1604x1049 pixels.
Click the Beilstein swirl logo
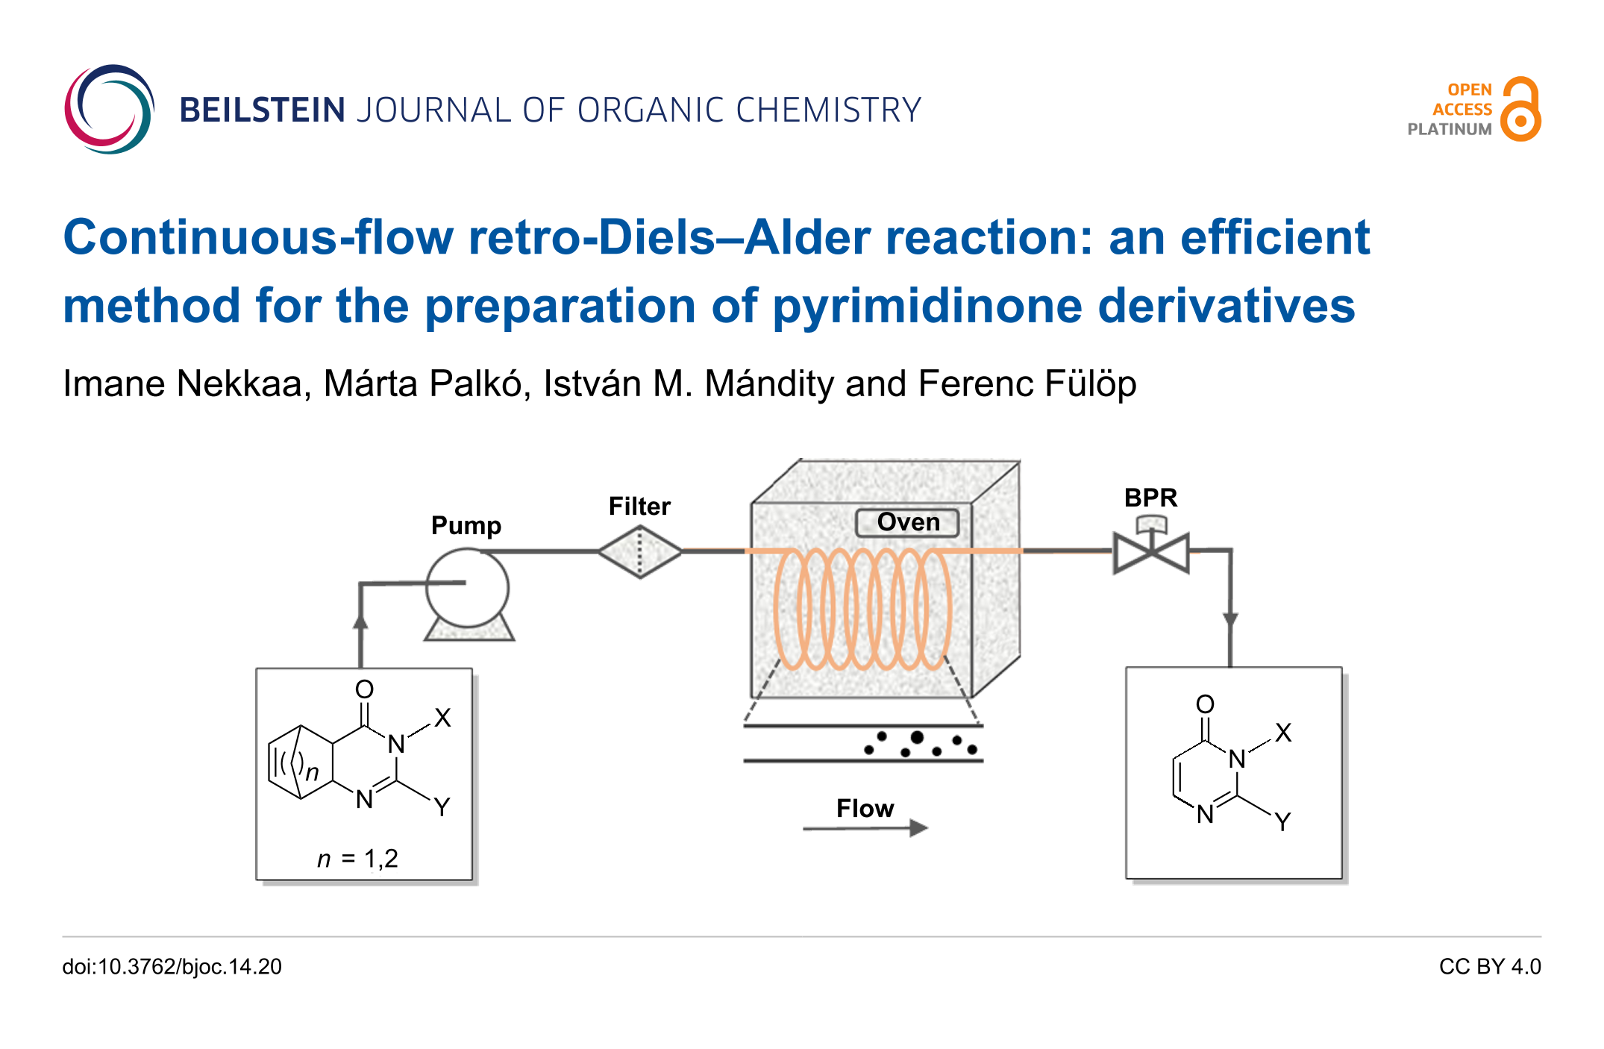[109, 109]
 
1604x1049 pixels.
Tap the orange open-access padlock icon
[1520, 110]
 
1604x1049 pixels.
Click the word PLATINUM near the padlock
[1449, 129]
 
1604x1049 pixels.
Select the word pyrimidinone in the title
[927, 307]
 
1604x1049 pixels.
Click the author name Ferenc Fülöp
[1027, 384]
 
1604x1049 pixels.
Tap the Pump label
[466, 525]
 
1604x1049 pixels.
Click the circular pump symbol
[467, 588]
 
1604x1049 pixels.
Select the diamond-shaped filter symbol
[640, 551]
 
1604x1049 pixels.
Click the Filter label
[639, 507]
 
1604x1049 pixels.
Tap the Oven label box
[908, 522]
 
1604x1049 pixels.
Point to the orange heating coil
[862, 609]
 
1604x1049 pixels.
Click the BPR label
[1150, 498]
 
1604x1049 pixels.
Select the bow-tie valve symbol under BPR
[1151, 553]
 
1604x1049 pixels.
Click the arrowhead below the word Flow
[918, 827]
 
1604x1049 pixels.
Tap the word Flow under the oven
[865, 808]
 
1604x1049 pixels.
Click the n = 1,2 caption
[357, 859]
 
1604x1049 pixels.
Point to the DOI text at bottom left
[172, 967]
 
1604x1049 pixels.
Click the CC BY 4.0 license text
[1490, 967]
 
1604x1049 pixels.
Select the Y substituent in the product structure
[1282, 822]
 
